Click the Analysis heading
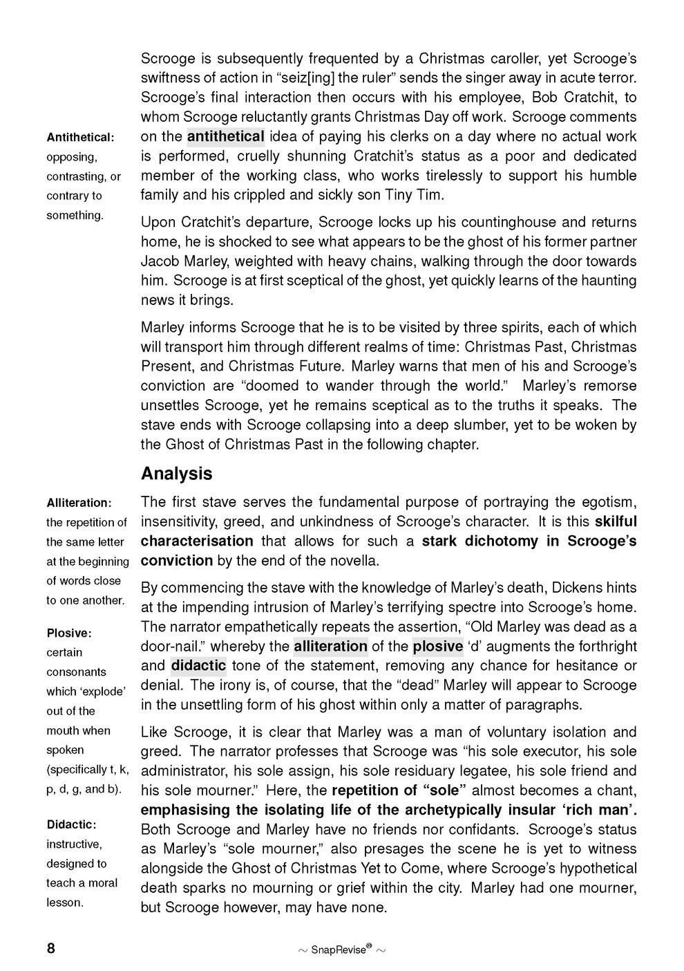(x=176, y=474)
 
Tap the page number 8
(x=50, y=948)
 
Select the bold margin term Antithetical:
(x=80, y=138)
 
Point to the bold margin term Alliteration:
(x=79, y=503)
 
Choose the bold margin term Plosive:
(x=69, y=633)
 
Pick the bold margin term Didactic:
(x=71, y=824)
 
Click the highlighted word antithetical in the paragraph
(x=225, y=136)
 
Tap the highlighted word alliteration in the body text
(x=330, y=647)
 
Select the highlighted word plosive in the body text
(x=438, y=647)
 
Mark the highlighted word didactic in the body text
(x=198, y=666)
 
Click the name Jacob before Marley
(x=159, y=261)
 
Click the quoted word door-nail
(x=172, y=647)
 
